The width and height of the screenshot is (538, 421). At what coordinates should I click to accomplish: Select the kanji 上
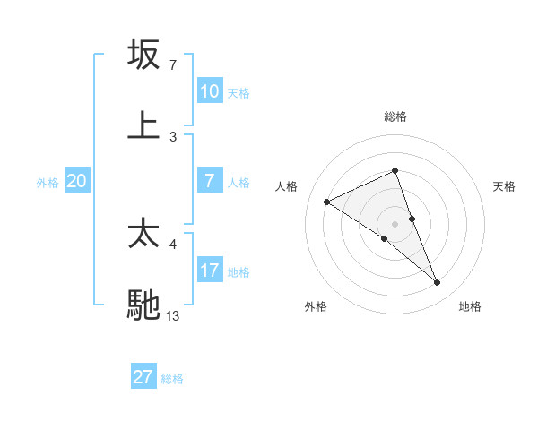tap(144, 125)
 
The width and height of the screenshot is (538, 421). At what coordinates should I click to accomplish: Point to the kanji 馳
tap(144, 304)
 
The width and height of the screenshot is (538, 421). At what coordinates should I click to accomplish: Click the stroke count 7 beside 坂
tap(172, 65)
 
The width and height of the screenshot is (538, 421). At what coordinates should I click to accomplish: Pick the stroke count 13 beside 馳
tap(173, 315)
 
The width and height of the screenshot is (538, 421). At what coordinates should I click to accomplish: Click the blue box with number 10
tap(210, 91)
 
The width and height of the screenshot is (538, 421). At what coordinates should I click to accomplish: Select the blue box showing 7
tap(210, 181)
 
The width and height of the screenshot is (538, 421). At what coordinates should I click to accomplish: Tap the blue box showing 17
tap(210, 271)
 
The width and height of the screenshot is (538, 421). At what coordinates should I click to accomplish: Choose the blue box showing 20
tap(77, 181)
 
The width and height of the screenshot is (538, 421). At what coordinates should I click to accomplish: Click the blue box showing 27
tap(143, 377)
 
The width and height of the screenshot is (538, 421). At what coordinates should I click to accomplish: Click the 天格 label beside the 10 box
tap(239, 92)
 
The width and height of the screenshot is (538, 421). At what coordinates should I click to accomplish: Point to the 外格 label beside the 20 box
tap(48, 182)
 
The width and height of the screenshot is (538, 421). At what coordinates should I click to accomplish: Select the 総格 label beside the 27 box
tap(172, 378)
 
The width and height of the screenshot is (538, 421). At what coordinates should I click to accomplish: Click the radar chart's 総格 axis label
tap(395, 116)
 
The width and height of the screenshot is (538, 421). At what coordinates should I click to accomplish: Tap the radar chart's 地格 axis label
tap(470, 306)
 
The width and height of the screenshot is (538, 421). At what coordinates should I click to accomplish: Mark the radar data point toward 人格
tap(327, 202)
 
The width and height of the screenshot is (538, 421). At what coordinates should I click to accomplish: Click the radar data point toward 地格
tap(438, 283)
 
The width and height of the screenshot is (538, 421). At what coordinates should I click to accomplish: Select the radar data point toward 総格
tap(395, 170)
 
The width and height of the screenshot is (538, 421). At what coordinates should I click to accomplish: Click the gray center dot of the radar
tap(395, 224)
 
